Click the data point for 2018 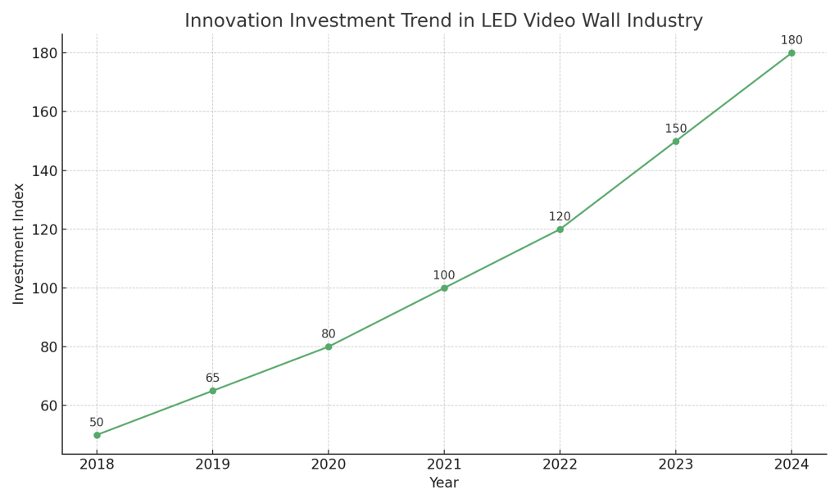point(97,435)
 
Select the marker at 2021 point(444,288)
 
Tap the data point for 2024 point(791,53)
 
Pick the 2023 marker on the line point(676,142)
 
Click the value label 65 point(212,378)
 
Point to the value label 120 point(560,217)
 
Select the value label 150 point(676,129)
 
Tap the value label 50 point(97,423)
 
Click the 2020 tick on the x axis point(329,464)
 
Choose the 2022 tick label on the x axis point(560,464)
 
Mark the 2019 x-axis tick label point(212,464)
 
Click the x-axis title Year point(444,483)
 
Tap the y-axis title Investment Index point(19,243)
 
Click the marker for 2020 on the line point(329,347)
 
